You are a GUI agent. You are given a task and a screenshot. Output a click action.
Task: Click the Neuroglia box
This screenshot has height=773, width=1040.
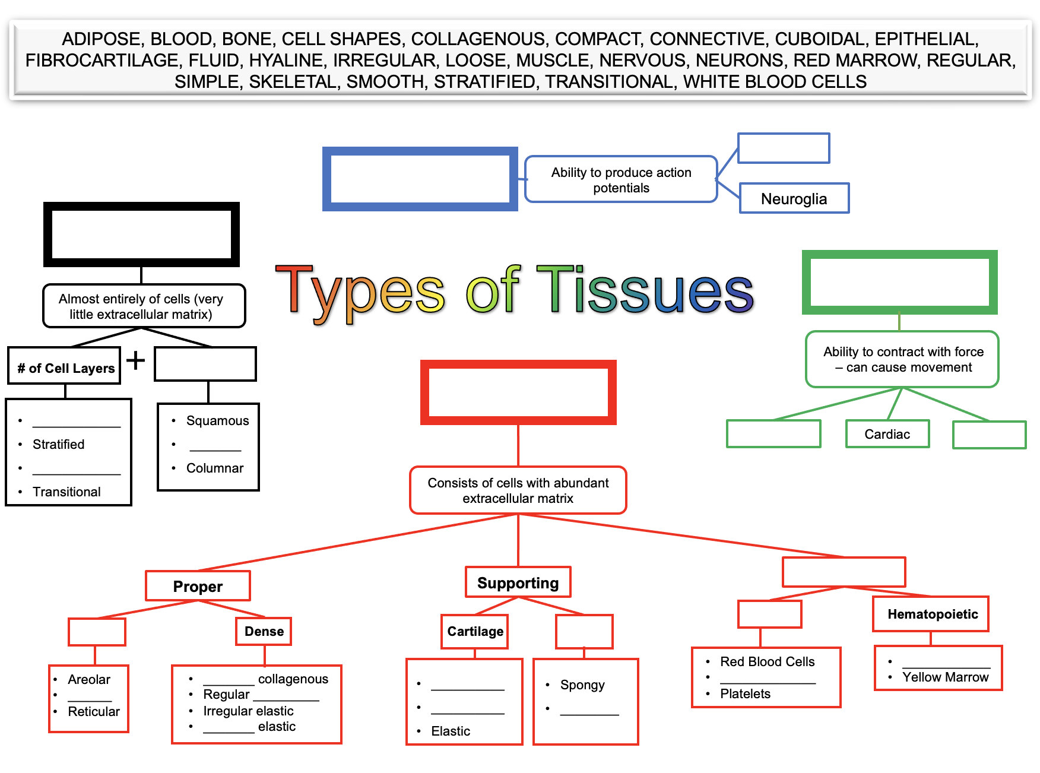(x=794, y=198)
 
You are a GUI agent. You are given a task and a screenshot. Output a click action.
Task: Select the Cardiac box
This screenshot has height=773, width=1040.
(x=887, y=434)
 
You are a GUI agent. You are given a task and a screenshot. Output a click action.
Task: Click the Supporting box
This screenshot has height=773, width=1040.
(x=518, y=582)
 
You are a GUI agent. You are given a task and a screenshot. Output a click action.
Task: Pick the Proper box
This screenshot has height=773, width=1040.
(x=198, y=586)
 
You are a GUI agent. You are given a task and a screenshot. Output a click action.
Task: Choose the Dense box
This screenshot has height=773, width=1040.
(x=264, y=631)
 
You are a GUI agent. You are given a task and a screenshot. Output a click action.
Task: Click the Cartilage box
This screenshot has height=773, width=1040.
(x=475, y=631)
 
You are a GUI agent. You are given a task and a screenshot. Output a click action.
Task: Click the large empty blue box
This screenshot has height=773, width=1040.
(x=420, y=179)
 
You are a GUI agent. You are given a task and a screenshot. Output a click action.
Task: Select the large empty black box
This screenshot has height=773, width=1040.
(x=141, y=235)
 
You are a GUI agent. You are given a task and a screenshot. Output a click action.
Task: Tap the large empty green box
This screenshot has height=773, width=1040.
(x=899, y=283)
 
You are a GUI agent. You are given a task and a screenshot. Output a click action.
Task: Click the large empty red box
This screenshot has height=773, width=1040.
(x=518, y=392)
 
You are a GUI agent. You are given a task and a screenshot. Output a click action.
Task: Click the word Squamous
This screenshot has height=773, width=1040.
(x=217, y=421)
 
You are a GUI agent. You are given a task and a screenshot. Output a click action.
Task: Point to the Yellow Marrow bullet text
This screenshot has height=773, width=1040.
(x=945, y=677)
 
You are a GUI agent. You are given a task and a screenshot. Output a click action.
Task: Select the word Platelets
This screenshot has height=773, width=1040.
(x=745, y=694)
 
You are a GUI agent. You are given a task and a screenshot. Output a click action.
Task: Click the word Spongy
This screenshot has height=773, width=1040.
(x=582, y=685)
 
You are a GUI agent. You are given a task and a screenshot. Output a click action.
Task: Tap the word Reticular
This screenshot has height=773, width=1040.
(x=94, y=712)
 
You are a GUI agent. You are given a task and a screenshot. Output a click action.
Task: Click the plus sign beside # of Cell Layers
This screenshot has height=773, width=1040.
(x=136, y=360)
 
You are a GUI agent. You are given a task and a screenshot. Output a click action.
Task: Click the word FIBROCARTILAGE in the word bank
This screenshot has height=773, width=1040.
(x=102, y=61)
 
